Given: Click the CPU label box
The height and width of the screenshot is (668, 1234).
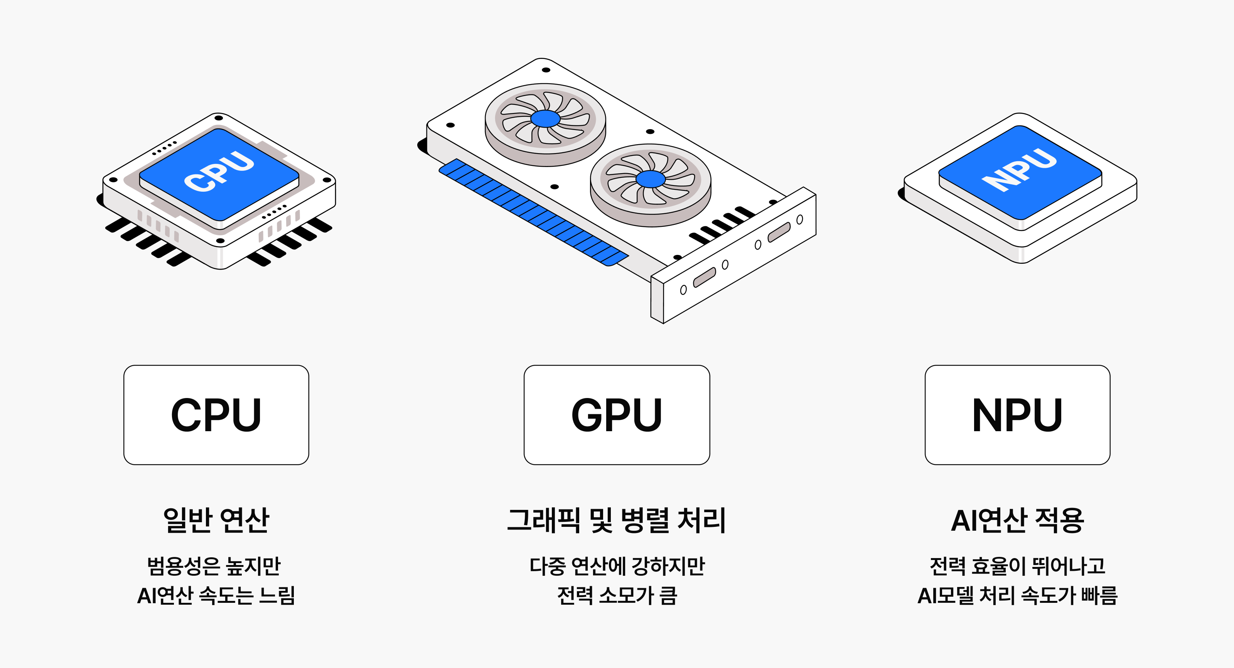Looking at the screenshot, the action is click(216, 415).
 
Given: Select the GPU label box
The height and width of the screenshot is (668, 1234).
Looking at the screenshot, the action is click(617, 415).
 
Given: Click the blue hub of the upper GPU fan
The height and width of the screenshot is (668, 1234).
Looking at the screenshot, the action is click(545, 118).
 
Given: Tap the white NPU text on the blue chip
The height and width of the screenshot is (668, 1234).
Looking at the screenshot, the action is click(1018, 169).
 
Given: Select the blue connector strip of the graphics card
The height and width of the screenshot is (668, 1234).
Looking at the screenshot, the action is click(534, 212).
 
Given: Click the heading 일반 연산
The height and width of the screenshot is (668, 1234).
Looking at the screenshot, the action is click(216, 520).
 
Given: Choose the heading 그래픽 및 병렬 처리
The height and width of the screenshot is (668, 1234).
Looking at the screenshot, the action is click(617, 520).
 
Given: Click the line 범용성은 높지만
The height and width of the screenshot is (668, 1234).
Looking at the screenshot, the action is click(214, 566).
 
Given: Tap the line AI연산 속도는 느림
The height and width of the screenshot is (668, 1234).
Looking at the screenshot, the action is click(216, 595).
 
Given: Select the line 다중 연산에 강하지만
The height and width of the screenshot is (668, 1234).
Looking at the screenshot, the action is click(617, 566).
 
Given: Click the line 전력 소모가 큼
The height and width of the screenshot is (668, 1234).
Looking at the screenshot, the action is click(617, 595).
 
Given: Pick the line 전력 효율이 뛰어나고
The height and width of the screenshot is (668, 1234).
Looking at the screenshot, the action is click(1018, 566).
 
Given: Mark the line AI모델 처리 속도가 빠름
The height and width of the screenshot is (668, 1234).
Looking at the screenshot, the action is click(1018, 595).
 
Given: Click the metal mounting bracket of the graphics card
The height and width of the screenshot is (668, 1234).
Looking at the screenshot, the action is click(733, 255).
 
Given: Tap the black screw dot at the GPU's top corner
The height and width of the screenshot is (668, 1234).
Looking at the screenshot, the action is click(546, 70).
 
